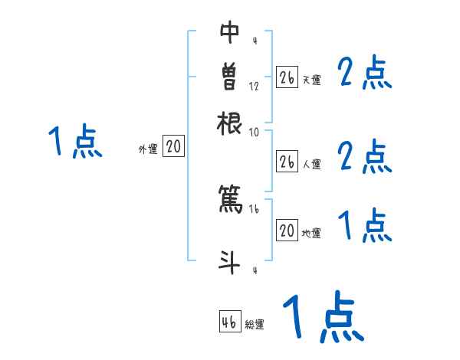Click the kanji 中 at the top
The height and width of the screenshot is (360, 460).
(x=229, y=33)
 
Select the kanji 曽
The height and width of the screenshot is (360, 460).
(x=229, y=77)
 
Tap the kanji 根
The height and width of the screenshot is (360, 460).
(x=229, y=123)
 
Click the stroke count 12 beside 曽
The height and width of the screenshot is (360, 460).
(x=254, y=86)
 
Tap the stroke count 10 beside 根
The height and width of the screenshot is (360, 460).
(x=254, y=132)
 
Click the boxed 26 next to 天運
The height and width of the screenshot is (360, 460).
(x=287, y=78)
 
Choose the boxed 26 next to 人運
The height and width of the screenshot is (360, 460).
(x=287, y=162)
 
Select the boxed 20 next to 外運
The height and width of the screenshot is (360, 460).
(x=173, y=147)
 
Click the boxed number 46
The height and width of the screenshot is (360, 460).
(x=229, y=322)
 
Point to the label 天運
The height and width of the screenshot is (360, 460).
(x=311, y=80)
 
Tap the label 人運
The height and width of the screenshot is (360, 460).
(x=311, y=163)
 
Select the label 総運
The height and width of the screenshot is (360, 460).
(x=255, y=324)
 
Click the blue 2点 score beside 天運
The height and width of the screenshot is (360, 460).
(x=364, y=74)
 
